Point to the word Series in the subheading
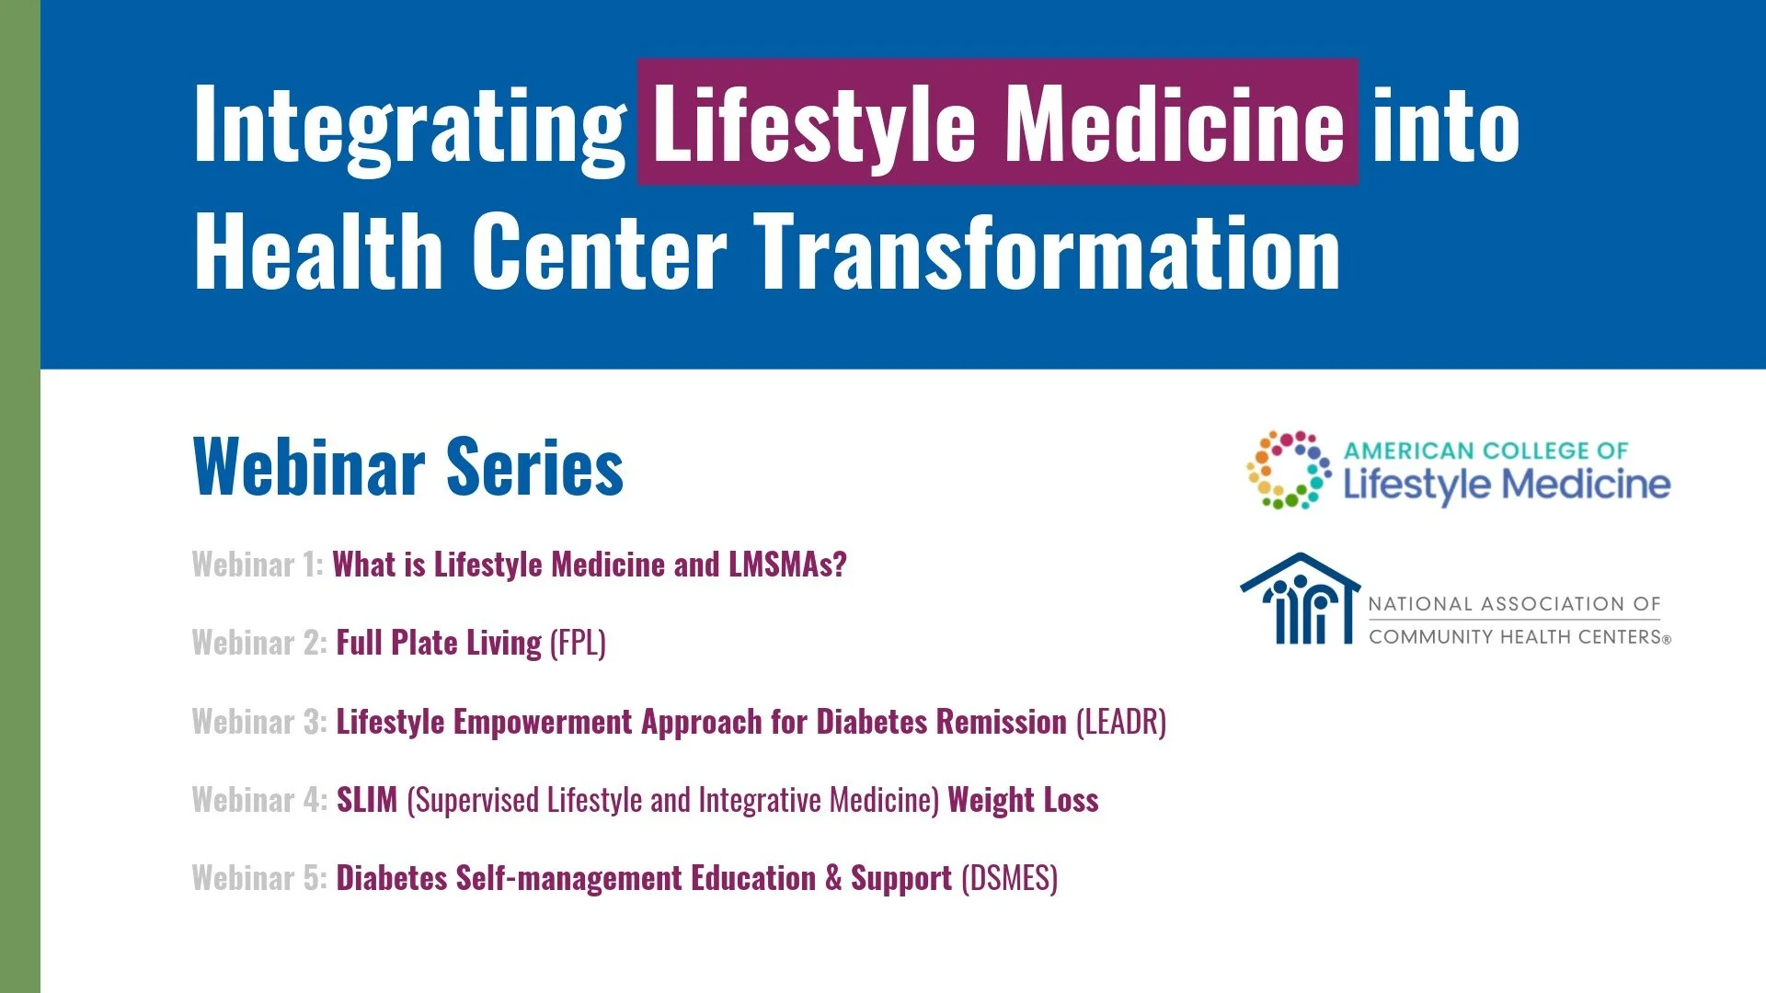point(535,467)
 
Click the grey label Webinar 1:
point(258,565)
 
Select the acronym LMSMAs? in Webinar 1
point(787,565)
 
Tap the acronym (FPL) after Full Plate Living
point(578,643)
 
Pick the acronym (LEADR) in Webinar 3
point(1121,722)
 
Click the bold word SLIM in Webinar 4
point(367,800)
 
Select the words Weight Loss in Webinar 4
point(1023,800)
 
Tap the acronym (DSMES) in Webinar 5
point(1009,878)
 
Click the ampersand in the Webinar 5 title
point(833,878)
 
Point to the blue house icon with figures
point(1300,599)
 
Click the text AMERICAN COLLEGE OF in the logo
point(1485,451)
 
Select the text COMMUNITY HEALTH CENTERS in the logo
point(1514,636)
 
